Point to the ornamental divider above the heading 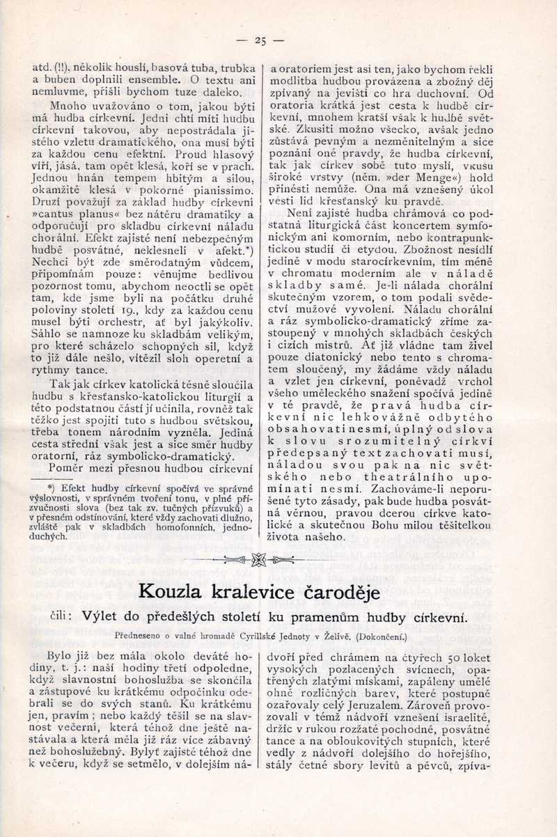pyautogui.click(x=260, y=559)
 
